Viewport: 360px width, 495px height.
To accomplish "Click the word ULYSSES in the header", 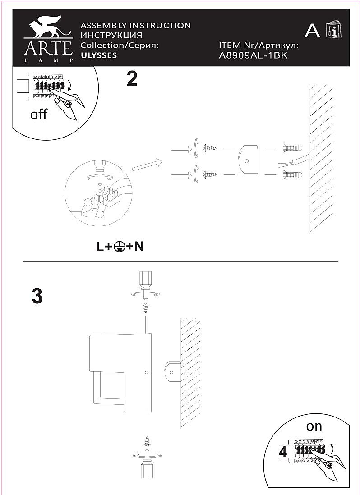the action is point(99,55).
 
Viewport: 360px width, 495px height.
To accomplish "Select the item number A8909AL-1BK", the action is point(253,56).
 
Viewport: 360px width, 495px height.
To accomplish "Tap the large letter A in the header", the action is point(312,31).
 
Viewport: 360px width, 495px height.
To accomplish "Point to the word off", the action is point(38,114).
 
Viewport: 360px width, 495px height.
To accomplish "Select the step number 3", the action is point(37,296).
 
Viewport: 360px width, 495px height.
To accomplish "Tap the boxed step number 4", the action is point(283,452).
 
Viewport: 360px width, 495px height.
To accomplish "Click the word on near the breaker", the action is point(314,426).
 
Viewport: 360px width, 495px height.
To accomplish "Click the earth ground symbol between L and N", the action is point(119,247).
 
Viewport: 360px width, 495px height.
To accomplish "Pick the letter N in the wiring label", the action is point(139,247).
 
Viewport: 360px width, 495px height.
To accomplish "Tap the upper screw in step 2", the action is point(210,147).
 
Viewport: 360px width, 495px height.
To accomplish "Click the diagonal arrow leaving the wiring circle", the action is point(147,165).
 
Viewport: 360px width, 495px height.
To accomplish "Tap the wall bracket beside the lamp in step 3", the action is point(172,372).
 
